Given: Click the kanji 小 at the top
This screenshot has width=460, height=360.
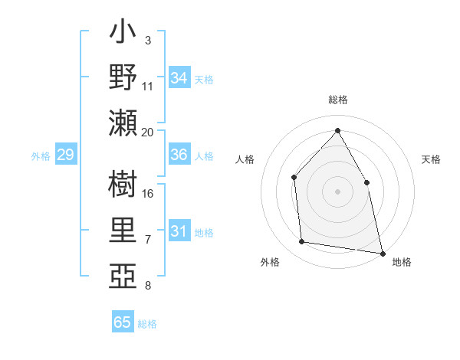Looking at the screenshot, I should point(123,34).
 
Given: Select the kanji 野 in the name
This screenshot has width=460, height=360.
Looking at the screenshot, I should point(123,77).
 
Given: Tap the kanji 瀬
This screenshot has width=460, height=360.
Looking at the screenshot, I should point(123,123).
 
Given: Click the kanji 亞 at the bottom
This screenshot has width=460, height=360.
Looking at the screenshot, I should point(123,275).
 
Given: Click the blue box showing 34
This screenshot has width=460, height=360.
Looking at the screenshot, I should point(179,77).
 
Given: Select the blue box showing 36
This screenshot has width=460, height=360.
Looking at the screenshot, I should point(179,155).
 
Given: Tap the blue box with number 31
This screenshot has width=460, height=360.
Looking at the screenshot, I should point(179,231).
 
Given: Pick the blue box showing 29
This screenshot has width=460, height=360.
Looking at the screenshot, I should point(65,155).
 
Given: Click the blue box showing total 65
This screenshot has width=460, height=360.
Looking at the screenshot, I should point(123,322).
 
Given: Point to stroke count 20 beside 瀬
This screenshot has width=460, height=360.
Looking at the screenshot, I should point(148,132).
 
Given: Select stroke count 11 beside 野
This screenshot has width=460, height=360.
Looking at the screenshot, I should point(148,87).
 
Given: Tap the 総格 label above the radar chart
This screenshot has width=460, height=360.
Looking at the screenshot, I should point(337,100).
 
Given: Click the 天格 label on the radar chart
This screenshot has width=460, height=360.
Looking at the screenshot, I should point(432,159).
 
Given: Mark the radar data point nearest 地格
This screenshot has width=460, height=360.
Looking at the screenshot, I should point(383,253).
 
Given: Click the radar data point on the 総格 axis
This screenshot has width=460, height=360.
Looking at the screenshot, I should point(337,130).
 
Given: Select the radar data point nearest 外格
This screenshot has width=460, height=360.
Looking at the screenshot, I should point(302,242).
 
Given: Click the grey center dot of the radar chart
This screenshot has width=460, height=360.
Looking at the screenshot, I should point(337,191).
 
